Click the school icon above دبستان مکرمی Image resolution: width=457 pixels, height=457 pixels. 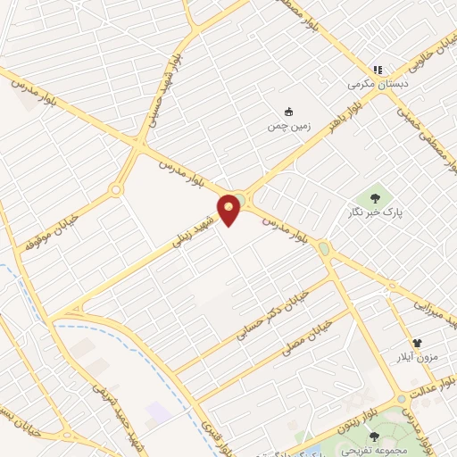click(378, 70)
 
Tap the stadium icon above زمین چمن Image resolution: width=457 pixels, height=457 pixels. click(287, 112)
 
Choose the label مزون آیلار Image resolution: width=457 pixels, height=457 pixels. click(417, 358)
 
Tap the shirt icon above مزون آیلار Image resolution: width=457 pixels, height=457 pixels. click(417, 342)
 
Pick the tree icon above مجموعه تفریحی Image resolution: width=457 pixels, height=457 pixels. click(374, 436)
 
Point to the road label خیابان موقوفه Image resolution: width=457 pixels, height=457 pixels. click(49, 228)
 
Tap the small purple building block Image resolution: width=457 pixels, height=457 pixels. click(158, 411)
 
